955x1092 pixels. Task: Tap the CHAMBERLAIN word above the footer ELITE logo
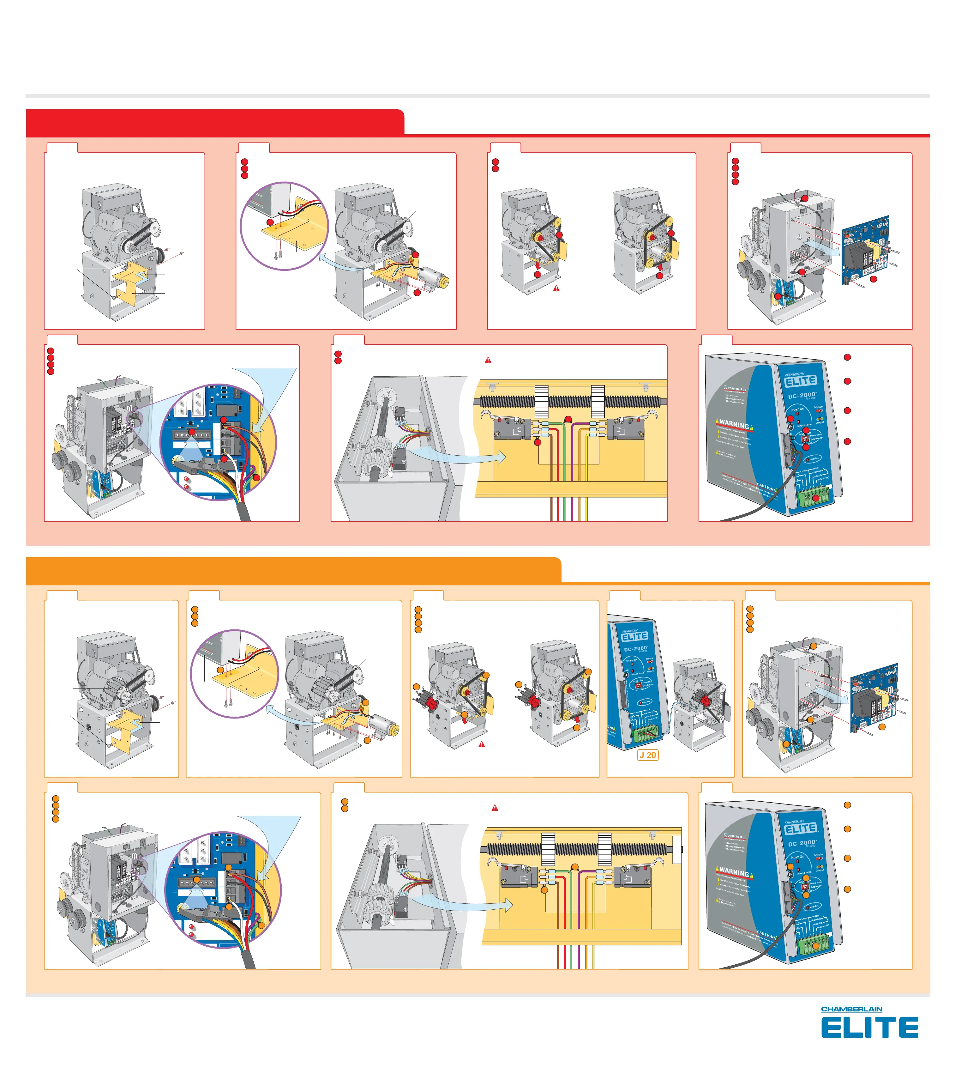[852, 1009]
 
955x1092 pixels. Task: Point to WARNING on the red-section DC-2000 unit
[734, 424]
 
